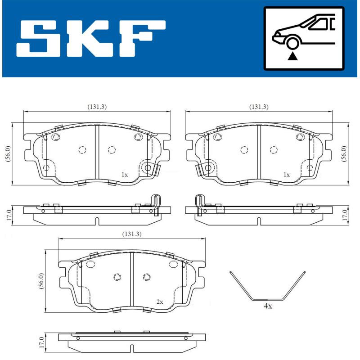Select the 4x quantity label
[x=268, y=306]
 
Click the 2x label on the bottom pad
[x=159, y=302]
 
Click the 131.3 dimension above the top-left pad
[x=97, y=107]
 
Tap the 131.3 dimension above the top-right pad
[x=259, y=107]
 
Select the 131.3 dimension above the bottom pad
[x=131, y=234]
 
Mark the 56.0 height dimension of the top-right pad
[x=344, y=154]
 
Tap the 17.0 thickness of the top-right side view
[x=344, y=214]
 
